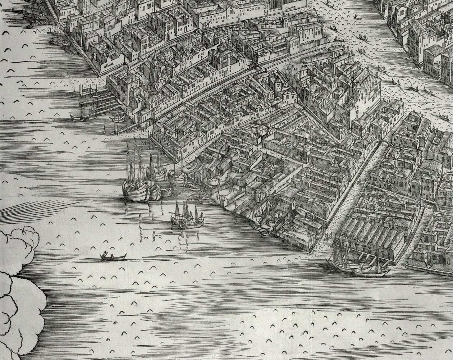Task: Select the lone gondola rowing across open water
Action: (x=113, y=257)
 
